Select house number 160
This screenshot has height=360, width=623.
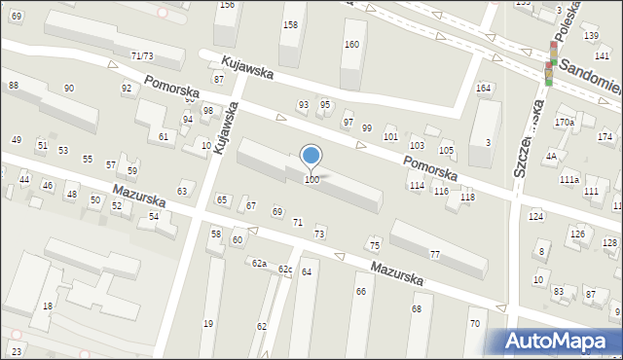click(x=351, y=45)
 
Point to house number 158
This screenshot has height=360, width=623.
click(x=290, y=23)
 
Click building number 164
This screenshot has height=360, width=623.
click(x=483, y=89)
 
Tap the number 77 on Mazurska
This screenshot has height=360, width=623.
click(x=435, y=255)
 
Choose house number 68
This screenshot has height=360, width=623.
click(x=416, y=308)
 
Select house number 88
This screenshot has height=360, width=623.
click(x=14, y=86)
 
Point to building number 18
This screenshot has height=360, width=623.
click(x=47, y=306)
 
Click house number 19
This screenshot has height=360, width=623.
click(x=207, y=324)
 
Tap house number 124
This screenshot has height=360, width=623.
click(x=535, y=215)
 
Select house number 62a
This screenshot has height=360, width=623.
click(x=259, y=264)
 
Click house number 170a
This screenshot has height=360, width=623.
click(x=564, y=123)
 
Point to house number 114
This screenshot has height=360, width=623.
click(x=416, y=185)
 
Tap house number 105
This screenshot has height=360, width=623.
click(x=447, y=151)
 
